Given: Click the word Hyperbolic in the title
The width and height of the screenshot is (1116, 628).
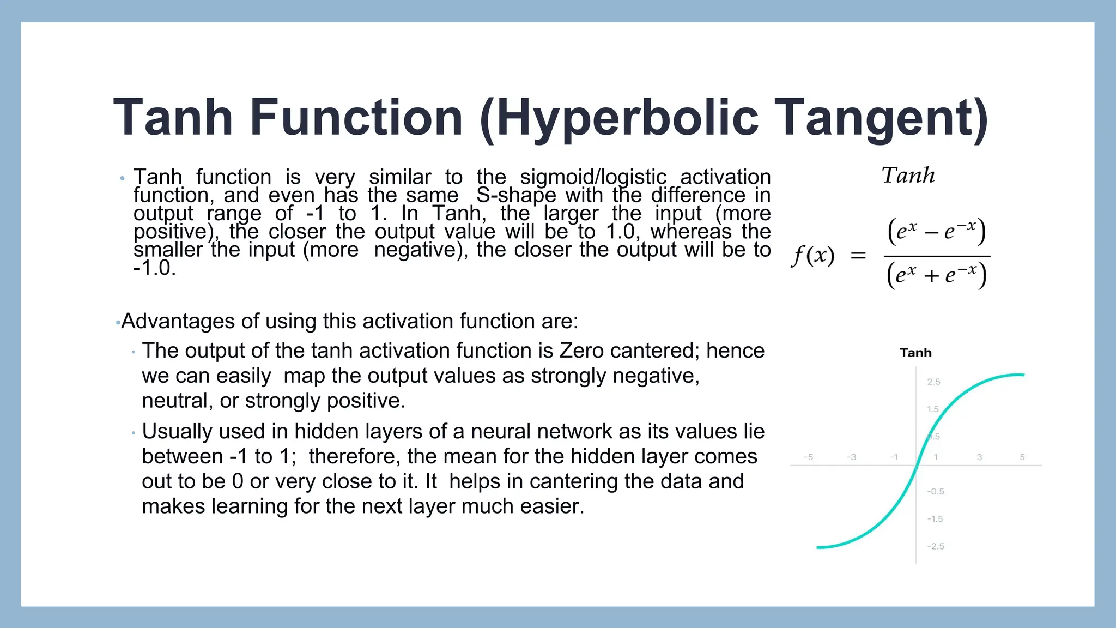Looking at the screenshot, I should (x=627, y=118).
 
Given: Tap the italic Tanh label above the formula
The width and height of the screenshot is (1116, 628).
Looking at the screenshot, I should (x=908, y=176).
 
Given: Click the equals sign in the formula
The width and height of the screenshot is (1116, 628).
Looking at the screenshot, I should (x=858, y=255).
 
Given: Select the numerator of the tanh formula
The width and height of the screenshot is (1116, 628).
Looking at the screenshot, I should (x=936, y=231).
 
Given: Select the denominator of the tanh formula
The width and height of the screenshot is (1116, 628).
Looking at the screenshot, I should (x=936, y=275).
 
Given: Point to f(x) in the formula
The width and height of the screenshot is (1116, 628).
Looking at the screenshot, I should (x=813, y=255).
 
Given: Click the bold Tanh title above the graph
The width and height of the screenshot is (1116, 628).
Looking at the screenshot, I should (x=915, y=353).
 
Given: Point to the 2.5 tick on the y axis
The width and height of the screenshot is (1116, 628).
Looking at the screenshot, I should (x=933, y=382).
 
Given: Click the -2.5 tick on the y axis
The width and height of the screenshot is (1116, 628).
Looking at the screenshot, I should (x=935, y=546).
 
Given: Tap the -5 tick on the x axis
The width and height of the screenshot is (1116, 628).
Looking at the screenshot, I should (x=809, y=457).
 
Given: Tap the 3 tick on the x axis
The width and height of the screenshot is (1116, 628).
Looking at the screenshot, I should (x=979, y=457).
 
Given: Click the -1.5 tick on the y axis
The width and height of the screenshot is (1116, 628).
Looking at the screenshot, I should (x=935, y=519).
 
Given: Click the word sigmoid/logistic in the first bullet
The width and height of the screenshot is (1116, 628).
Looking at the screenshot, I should (x=593, y=177).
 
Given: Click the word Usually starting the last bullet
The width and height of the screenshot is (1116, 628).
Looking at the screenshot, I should (x=177, y=431).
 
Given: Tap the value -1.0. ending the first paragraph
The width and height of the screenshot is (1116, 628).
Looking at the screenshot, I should (x=154, y=268).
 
